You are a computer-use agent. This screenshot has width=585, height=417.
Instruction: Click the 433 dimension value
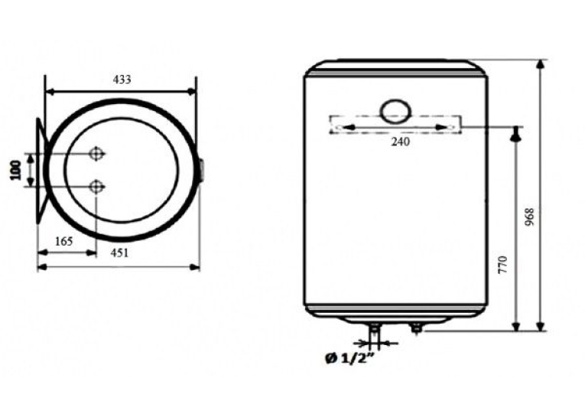[122, 80]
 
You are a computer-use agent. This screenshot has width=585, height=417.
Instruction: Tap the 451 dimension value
[119, 252]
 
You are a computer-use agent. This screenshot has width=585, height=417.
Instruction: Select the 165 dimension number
[63, 242]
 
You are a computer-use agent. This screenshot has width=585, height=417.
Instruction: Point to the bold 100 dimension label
[15, 170]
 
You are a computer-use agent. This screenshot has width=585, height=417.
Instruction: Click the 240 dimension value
[400, 142]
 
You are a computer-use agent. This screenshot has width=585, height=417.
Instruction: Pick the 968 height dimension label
[529, 217]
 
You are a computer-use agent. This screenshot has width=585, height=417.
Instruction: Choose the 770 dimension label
[503, 265]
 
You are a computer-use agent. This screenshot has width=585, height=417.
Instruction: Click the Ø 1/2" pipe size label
[350, 359]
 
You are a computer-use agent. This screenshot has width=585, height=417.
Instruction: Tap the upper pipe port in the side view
[96, 154]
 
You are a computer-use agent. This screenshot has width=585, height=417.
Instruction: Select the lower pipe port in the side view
[96, 186]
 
